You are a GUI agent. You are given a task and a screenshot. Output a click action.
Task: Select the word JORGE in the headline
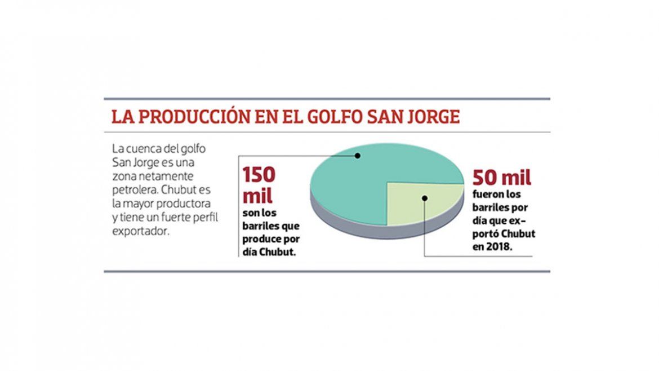434,117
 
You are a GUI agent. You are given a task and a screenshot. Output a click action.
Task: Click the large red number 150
259,176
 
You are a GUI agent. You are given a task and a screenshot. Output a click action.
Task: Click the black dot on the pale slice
425,198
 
